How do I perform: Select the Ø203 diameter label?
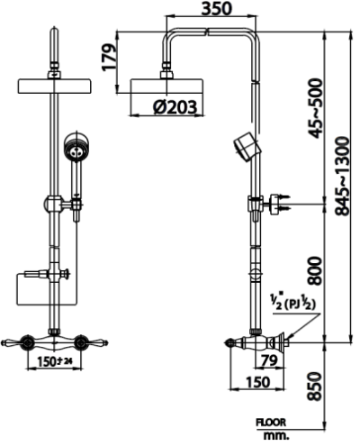(175, 107)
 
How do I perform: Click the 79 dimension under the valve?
(266, 361)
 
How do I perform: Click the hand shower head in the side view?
(244, 145)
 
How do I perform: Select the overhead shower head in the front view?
(54, 87)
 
